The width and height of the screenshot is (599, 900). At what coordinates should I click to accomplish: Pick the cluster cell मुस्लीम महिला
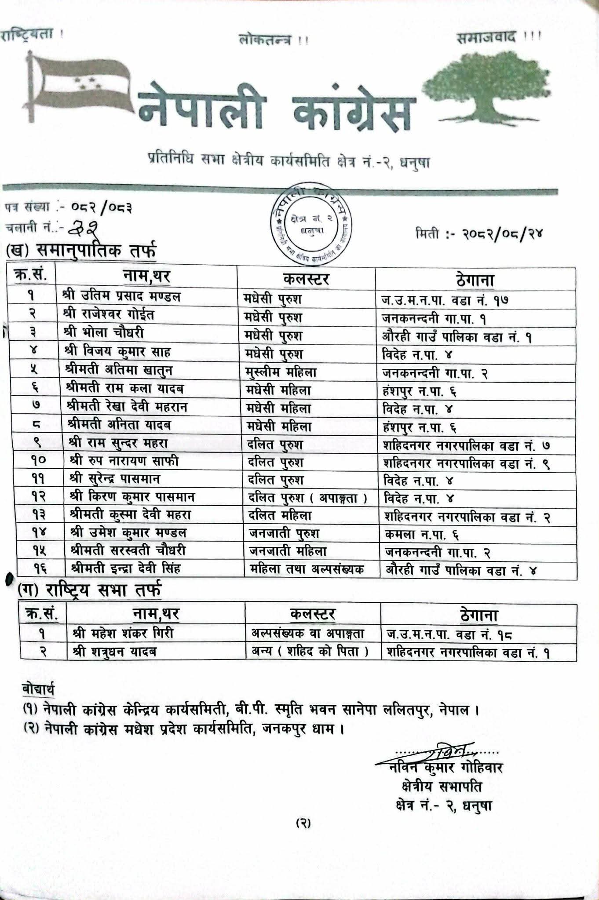(281, 373)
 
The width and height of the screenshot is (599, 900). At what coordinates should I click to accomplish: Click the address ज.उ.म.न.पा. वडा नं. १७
(445, 301)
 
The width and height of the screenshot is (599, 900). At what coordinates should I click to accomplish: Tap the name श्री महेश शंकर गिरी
(123, 633)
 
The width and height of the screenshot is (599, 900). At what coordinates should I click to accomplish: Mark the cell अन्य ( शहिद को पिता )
(310, 652)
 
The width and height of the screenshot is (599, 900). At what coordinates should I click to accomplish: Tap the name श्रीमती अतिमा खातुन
(119, 370)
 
